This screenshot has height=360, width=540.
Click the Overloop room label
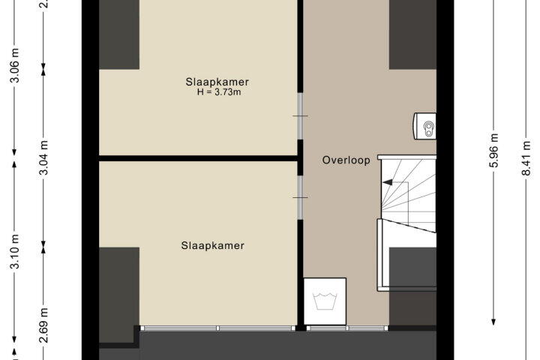coord(346,160)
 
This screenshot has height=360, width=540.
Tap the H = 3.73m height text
coord(219,92)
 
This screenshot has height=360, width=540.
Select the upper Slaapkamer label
coord(217,82)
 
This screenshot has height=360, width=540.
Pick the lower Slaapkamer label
coord(212,246)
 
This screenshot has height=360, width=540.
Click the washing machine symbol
coord(325,301)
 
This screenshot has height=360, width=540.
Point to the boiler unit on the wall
coord(424,126)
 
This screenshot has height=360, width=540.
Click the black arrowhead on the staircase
coord(388,182)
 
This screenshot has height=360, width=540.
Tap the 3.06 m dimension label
coord(15,65)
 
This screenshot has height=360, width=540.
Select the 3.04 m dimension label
coord(43,157)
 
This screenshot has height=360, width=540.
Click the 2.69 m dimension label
coord(43,325)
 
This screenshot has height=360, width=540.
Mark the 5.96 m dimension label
coord(493,150)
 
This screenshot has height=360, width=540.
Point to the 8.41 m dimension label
coord(526,158)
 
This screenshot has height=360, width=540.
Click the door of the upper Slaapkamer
coord(300,116)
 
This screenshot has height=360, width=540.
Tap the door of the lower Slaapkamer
coord(300,197)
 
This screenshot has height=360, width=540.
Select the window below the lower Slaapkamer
coord(218,328)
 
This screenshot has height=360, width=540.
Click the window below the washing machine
coord(347,328)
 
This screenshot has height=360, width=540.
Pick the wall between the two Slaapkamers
coord(198,158)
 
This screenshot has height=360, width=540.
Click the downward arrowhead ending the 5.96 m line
coord(493,322)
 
